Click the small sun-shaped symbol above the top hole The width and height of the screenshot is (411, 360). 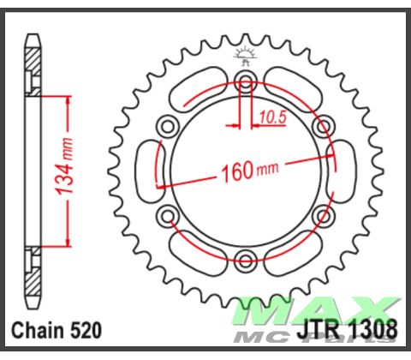(x=246, y=58)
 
